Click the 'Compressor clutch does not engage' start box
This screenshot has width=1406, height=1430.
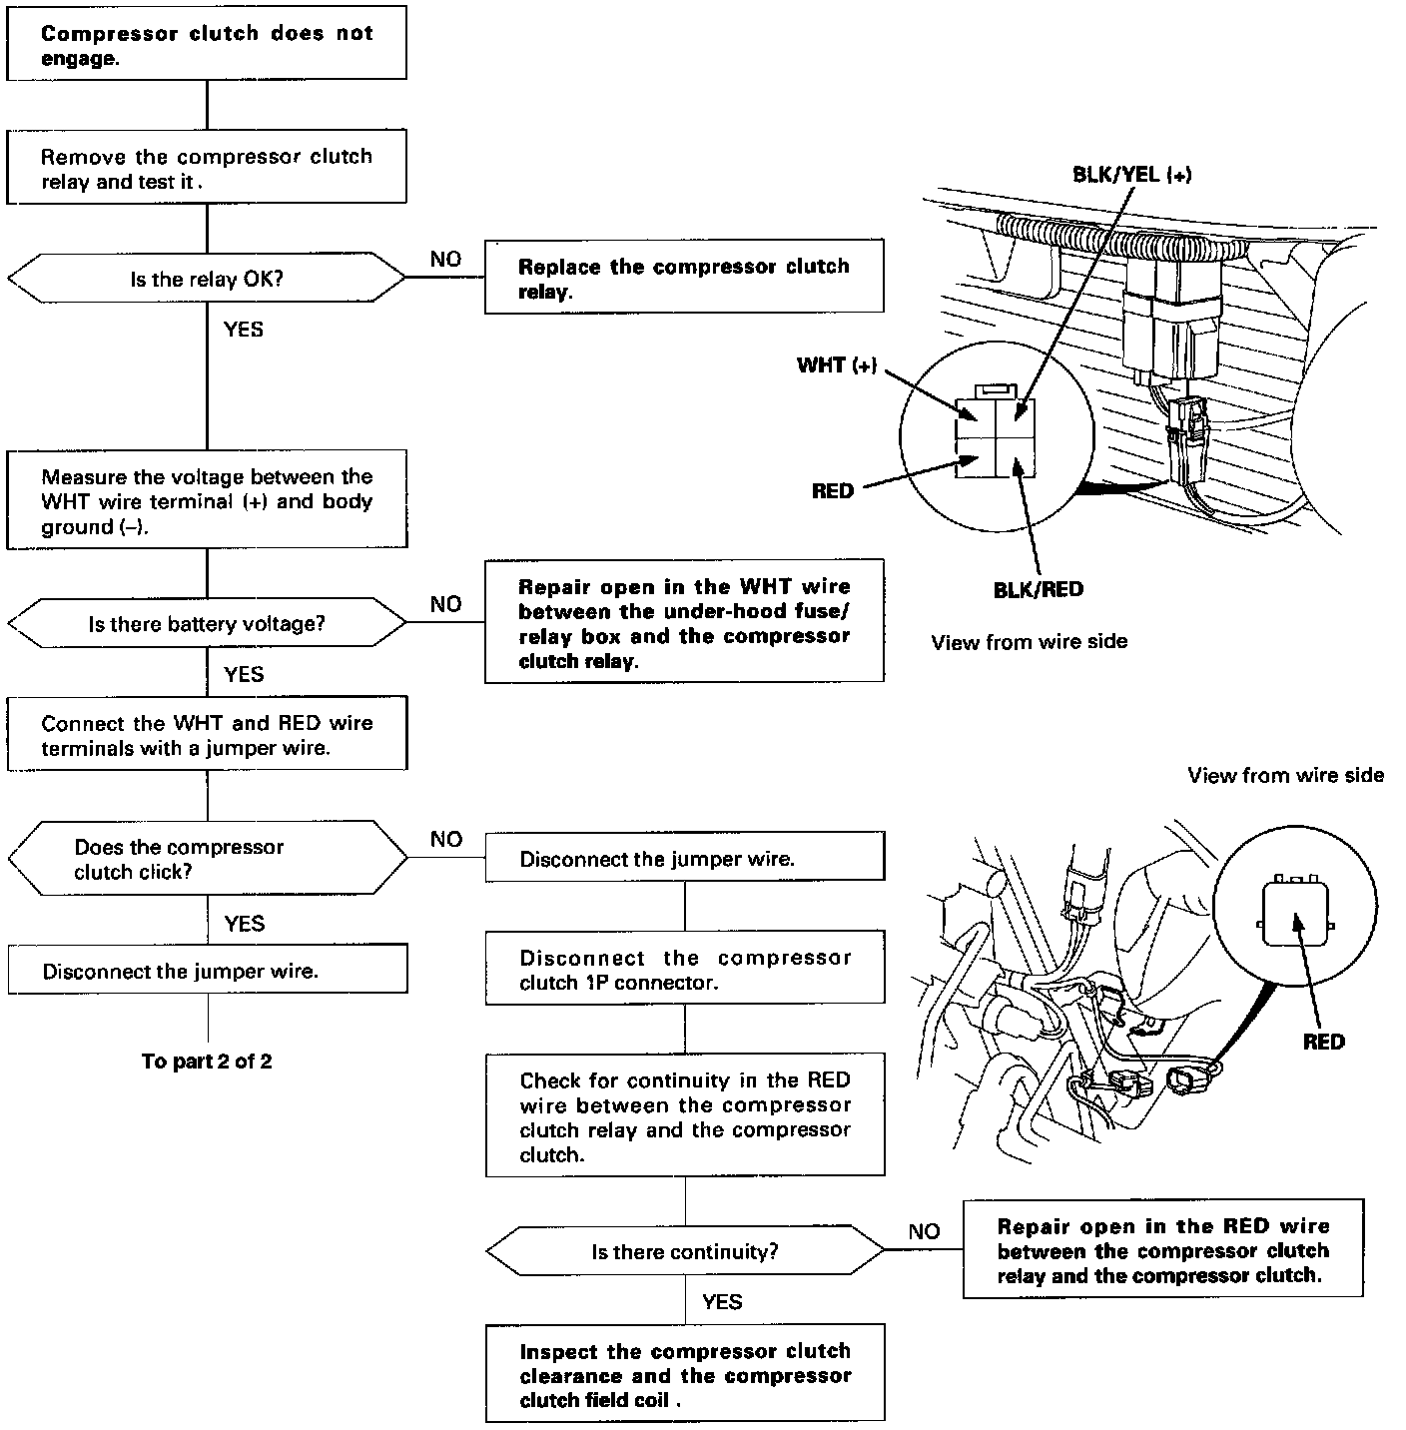tap(207, 45)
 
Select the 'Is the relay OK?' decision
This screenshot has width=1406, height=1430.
tap(207, 279)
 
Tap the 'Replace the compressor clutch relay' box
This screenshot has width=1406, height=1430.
tap(684, 279)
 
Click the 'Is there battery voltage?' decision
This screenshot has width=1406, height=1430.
tap(207, 624)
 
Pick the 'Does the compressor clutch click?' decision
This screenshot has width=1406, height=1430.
tap(207, 859)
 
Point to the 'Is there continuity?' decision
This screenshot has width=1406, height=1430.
tap(685, 1251)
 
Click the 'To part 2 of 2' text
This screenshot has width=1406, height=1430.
tap(207, 1061)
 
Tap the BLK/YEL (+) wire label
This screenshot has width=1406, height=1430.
tap(1131, 175)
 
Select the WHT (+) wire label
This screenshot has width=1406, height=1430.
tap(837, 365)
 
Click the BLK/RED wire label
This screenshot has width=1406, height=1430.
tap(1038, 589)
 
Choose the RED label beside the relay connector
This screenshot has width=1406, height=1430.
tap(833, 491)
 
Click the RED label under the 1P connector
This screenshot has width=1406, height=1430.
tap(1323, 1042)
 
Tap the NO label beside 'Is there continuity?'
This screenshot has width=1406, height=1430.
tap(924, 1231)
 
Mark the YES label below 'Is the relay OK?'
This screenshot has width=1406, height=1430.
tap(243, 330)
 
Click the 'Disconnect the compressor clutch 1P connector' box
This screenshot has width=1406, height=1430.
tap(685, 969)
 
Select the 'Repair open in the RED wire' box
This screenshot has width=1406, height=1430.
tap(1162, 1250)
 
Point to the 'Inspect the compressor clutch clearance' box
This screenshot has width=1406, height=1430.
tap(685, 1375)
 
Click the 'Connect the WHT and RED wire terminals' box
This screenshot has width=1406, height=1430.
tap(207, 735)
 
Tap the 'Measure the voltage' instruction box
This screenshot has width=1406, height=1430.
tap(207, 501)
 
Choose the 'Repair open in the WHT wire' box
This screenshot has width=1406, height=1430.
tap(684, 623)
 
